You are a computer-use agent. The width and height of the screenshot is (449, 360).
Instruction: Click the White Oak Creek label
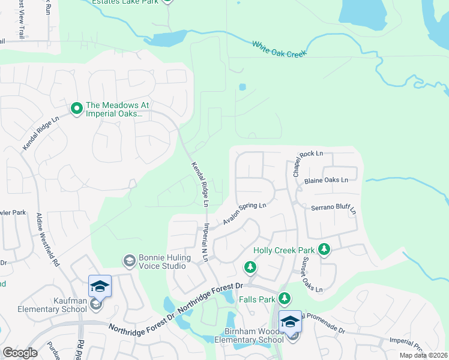click(x=279, y=49)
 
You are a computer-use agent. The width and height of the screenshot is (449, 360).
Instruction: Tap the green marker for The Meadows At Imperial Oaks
click(x=76, y=109)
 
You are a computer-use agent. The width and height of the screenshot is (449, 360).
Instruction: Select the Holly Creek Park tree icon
click(x=324, y=249)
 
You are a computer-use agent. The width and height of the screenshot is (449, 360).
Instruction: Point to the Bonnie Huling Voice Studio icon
click(x=128, y=261)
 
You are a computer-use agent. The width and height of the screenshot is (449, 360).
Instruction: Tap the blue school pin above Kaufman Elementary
click(x=100, y=286)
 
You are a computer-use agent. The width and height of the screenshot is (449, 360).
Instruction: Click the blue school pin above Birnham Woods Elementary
click(x=290, y=321)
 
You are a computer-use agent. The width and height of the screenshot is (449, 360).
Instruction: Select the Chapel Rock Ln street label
click(x=307, y=162)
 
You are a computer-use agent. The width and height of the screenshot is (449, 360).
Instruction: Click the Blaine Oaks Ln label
click(x=326, y=180)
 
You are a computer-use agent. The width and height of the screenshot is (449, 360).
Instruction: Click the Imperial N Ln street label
click(x=205, y=243)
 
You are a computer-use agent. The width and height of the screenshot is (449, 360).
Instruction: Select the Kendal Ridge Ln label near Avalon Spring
click(x=199, y=184)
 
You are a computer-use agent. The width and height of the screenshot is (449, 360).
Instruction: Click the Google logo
click(x=20, y=353)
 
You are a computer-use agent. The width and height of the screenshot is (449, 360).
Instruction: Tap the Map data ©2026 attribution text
click(x=423, y=355)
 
